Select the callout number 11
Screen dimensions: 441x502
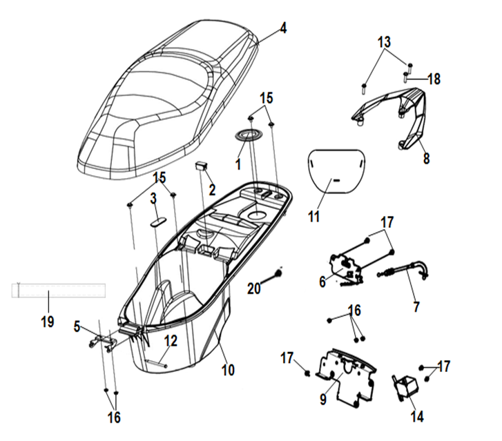[314, 216]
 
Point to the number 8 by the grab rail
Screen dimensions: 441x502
[426, 158]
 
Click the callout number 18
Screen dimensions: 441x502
[434, 79]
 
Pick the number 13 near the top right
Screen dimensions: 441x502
[384, 43]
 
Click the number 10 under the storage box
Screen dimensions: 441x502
[228, 370]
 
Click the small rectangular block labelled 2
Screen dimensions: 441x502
[202, 166]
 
